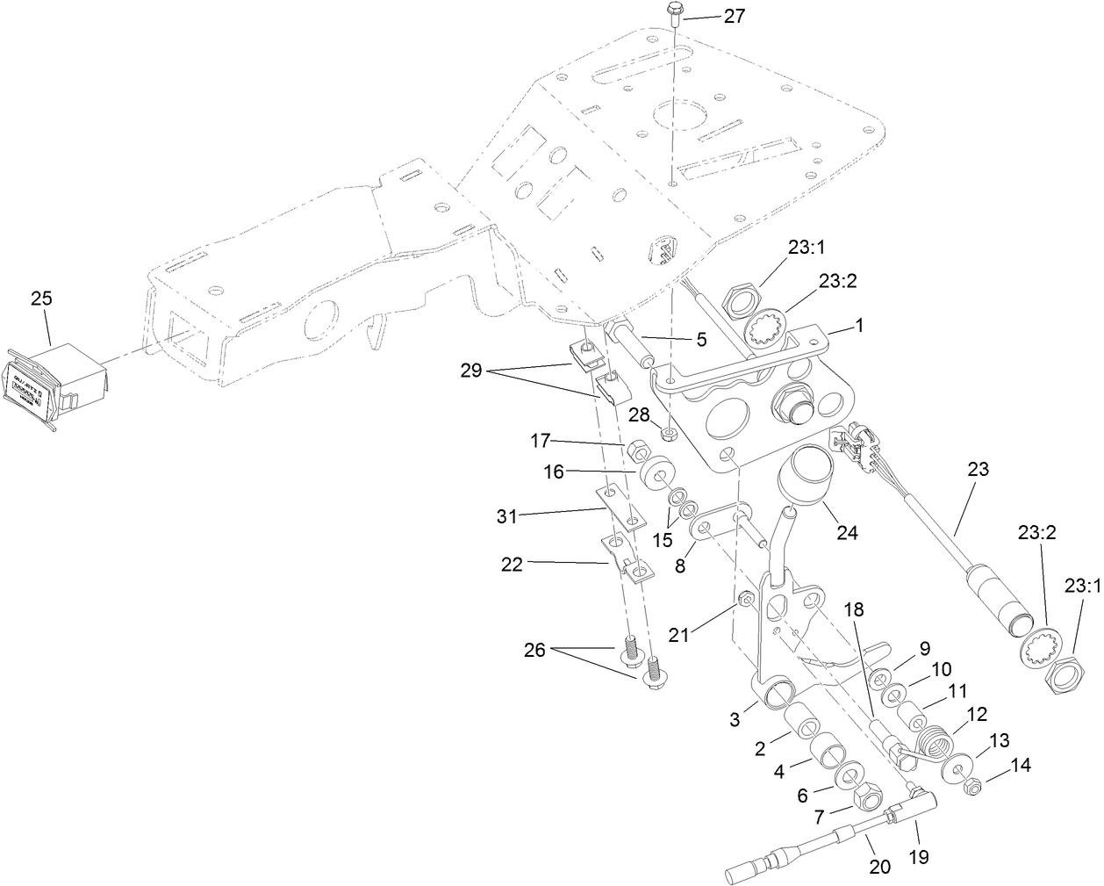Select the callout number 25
(42, 299)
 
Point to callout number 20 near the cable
(879, 867)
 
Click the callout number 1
(859, 325)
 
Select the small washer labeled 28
(670, 434)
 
